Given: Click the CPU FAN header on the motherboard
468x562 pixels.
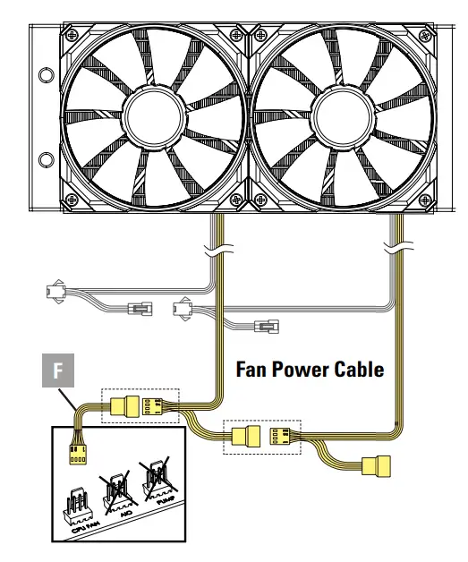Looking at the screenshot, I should tap(82, 506).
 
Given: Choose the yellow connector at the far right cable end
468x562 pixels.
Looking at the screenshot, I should tap(376, 465).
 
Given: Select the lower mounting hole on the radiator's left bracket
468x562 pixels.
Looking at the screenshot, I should tap(42, 160).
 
